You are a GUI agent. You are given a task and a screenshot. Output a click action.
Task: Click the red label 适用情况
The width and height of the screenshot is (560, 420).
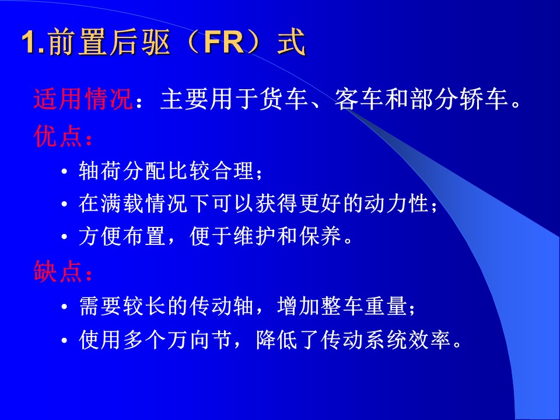click(x=83, y=99)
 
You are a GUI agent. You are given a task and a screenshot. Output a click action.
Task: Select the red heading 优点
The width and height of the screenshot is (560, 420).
click(x=58, y=136)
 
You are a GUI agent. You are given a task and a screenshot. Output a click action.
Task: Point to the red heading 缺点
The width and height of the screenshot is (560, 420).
click(x=58, y=271)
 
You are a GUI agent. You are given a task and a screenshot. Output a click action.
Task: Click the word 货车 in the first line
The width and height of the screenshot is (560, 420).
click(x=284, y=99)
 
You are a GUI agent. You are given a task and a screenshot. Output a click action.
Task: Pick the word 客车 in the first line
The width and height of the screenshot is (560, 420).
click(x=359, y=99)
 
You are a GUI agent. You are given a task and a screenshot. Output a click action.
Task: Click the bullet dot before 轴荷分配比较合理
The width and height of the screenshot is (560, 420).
click(x=64, y=171)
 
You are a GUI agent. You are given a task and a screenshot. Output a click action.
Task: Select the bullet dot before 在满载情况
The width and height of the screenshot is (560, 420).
click(x=64, y=205)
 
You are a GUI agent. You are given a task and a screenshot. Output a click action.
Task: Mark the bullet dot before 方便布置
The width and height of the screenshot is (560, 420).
click(x=64, y=237)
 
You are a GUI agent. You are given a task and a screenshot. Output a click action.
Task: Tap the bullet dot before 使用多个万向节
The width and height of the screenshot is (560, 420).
click(x=64, y=340)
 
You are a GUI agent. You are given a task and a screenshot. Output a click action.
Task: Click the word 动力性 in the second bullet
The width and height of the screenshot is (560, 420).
click(x=397, y=204)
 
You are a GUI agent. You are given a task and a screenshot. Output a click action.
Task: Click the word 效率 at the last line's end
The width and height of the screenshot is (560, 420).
click(x=430, y=339)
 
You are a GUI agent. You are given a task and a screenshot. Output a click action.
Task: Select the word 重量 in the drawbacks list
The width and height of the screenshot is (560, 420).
click(x=386, y=306)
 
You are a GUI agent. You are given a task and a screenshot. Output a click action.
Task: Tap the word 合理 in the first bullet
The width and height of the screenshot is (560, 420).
click(x=233, y=171)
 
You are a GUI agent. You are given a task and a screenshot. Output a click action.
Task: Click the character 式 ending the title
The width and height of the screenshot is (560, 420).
click(x=292, y=43)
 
